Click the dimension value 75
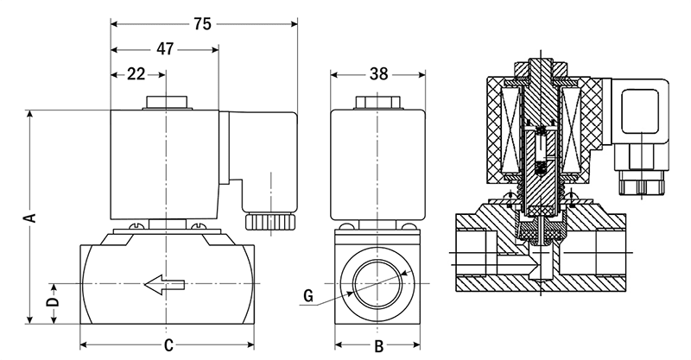click(201, 24)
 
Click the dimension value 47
click(163, 49)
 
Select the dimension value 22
click(136, 74)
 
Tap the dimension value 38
click(377, 74)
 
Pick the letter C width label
click(169, 346)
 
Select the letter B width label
click(377, 346)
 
